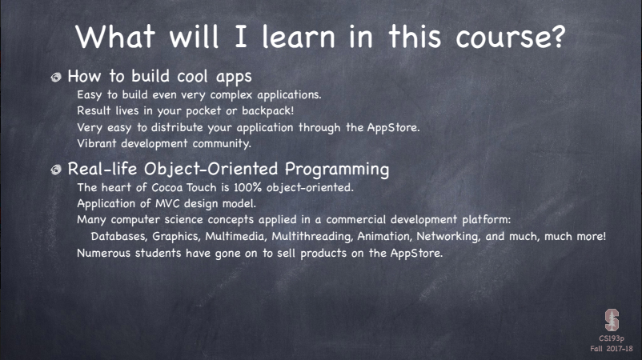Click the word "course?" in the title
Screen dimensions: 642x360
(x=511, y=37)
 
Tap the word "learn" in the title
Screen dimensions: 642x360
(x=299, y=36)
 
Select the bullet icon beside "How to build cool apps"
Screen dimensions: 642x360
(x=56, y=77)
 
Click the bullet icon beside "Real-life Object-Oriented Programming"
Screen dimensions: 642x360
(x=56, y=170)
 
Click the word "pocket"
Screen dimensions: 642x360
(x=203, y=111)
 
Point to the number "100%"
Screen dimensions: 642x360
(x=247, y=187)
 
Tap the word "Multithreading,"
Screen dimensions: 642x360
(x=312, y=237)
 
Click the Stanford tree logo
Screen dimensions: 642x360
(x=612, y=320)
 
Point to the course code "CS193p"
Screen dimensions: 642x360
(x=612, y=338)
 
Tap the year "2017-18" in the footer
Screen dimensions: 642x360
(x=620, y=349)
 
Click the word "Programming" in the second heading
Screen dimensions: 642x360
(x=337, y=170)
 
